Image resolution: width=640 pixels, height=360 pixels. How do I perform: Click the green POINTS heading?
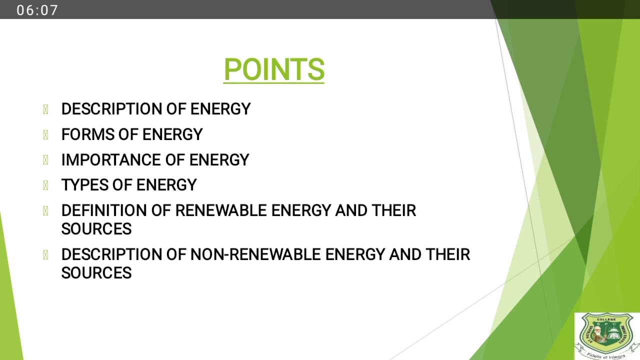tap(274, 69)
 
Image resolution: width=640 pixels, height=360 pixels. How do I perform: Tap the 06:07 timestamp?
tap(37, 10)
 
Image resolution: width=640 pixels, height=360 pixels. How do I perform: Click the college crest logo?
tap(606, 335)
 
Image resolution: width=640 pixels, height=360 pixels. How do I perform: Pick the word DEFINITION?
tap(104, 210)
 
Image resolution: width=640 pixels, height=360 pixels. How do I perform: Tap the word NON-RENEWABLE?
tap(255, 254)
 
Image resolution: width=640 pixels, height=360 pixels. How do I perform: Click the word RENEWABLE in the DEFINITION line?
tap(221, 210)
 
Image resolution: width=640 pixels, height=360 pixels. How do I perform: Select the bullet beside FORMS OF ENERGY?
tap(45, 134)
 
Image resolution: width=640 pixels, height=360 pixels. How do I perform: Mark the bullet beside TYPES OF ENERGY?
tap(45, 185)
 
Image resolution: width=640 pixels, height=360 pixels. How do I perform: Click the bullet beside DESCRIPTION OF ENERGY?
tap(45, 109)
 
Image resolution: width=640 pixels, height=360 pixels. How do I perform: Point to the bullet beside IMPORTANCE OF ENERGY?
tap(45, 160)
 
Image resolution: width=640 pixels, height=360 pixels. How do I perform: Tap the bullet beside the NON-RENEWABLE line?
tap(45, 254)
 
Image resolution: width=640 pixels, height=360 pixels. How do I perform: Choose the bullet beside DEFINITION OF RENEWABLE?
tap(45, 210)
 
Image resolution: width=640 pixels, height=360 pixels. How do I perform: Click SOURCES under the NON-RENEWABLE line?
tap(96, 273)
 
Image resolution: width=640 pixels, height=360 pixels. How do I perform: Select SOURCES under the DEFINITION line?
tap(96, 229)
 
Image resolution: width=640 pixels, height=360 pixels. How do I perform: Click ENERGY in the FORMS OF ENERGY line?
tap(172, 134)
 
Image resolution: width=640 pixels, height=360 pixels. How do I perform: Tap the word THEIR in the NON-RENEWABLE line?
tap(448, 254)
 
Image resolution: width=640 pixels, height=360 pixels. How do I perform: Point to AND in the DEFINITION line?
tap(351, 210)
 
